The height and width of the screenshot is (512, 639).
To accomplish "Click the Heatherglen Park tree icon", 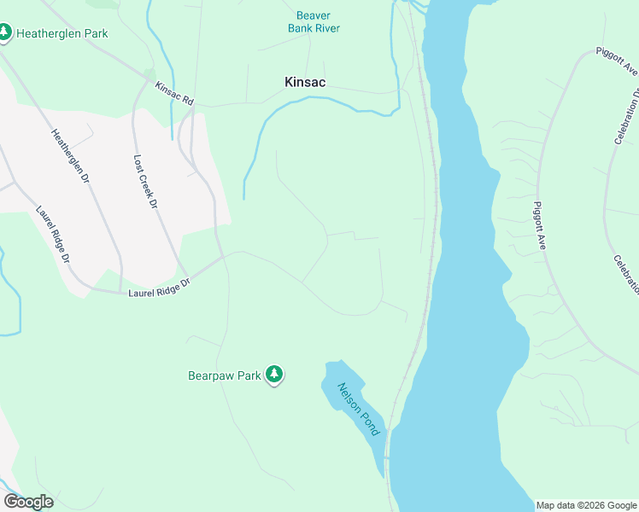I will pos(4,32).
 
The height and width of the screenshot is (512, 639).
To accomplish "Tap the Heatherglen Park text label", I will pos(56,32).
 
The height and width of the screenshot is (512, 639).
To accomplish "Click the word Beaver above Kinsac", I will pos(313,15).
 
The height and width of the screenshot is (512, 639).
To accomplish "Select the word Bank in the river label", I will pos(300,28).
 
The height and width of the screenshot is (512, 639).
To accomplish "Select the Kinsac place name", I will pos(305,82).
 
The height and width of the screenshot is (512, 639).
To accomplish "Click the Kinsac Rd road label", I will pos(175,94).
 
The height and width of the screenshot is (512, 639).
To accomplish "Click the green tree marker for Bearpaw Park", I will pos(274,375).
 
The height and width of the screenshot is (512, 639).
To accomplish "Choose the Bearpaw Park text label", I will pos(224,375).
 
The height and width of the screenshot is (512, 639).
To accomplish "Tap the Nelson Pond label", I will pos(358,408).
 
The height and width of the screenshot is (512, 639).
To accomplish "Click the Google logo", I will pos(28,502).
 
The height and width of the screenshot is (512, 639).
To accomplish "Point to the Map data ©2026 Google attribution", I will pos(586,505).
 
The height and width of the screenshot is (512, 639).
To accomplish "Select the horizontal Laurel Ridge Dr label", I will pos(156,293).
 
